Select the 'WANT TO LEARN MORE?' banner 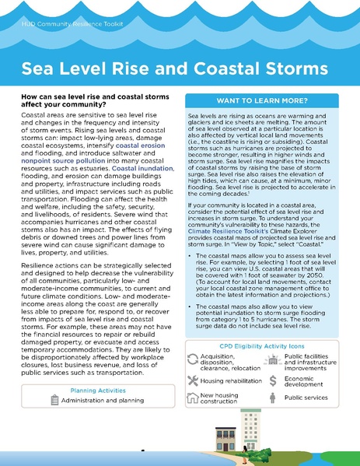click(x=267, y=101)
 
